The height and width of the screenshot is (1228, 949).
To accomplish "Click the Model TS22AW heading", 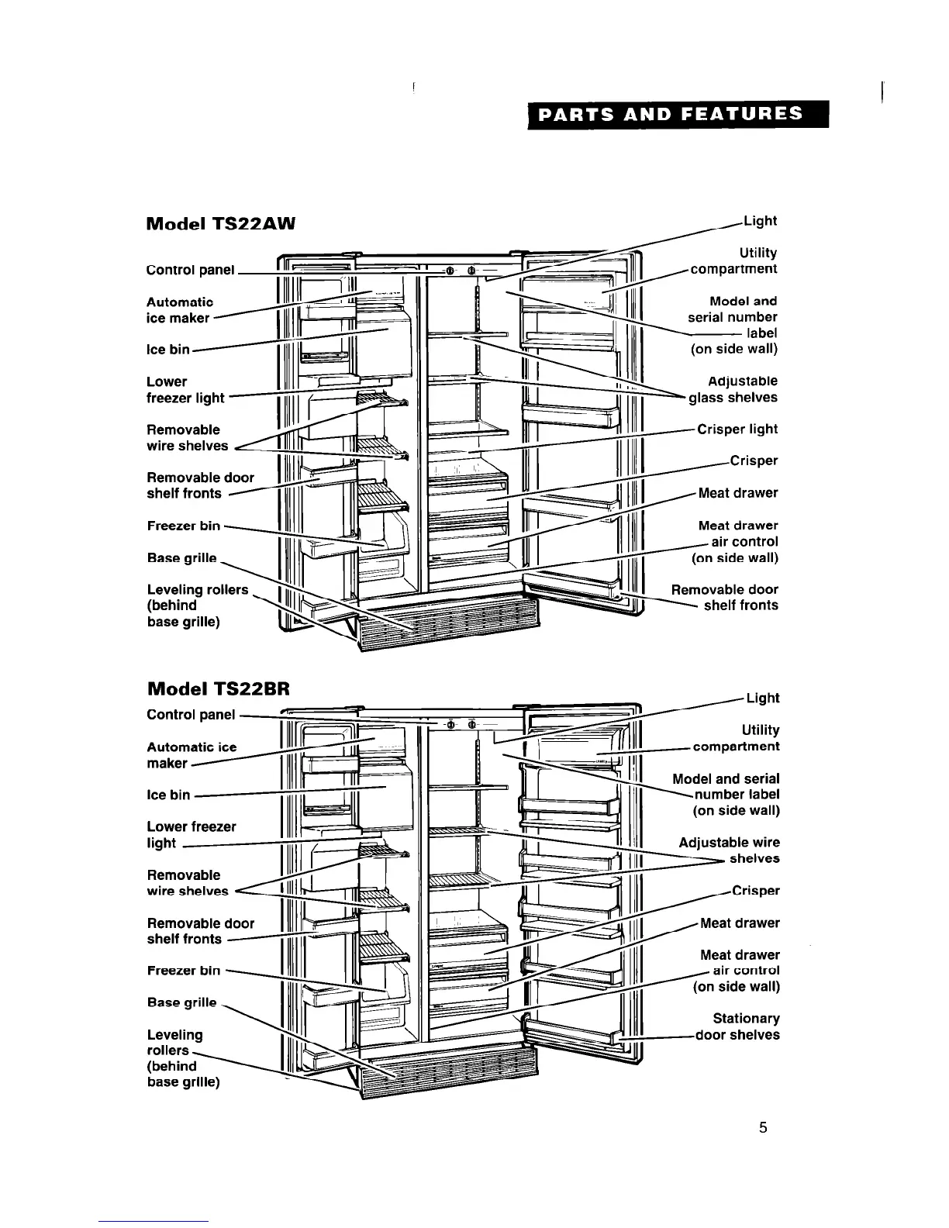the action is click(x=222, y=224).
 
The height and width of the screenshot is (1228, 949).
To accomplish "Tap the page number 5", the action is click(x=763, y=1127).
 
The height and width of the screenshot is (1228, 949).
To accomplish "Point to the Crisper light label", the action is click(x=737, y=429).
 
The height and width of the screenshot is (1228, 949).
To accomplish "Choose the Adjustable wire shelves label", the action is click(x=730, y=850).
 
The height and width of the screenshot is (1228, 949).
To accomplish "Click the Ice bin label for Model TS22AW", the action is click(x=168, y=350).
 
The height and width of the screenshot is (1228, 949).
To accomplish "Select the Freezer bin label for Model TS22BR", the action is click(x=184, y=971).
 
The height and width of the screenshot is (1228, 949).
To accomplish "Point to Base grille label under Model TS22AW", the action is click(x=182, y=558).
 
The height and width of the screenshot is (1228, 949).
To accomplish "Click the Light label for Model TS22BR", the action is click(x=763, y=698).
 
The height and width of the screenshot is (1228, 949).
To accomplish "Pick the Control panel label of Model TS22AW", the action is click(x=191, y=270).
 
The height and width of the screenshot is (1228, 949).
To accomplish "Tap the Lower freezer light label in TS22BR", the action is click(x=192, y=835).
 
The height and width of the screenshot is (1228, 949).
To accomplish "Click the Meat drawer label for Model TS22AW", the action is click(x=738, y=493).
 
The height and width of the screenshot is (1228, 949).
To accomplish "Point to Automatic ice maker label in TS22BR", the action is click(x=192, y=755).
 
